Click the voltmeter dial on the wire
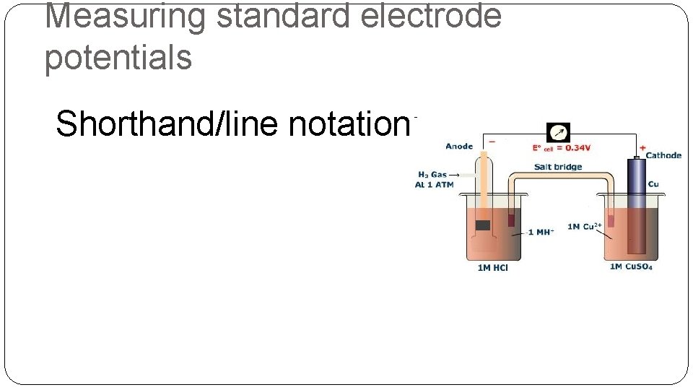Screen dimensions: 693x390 tap(559, 133)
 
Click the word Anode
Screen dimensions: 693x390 tap(460, 147)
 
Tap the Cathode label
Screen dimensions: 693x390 tap(663, 155)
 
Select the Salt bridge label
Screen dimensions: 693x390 tap(558, 167)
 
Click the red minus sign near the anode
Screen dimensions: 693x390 tap(492, 142)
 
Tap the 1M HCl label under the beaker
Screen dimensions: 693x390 tap(493, 268)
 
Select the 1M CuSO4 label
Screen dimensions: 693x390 tap(631, 267)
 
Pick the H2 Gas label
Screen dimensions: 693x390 tap(432, 175)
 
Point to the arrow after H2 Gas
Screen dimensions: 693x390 tap(456, 175)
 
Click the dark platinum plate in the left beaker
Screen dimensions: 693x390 tap(483, 225)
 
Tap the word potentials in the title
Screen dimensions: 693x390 tap(118, 58)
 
